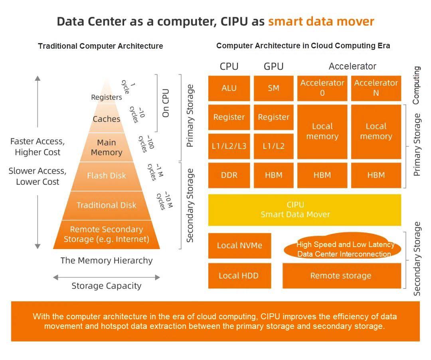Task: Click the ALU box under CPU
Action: [x=229, y=88]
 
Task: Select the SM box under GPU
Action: [x=273, y=88]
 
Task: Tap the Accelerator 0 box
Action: [x=322, y=88]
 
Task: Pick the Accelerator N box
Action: [x=376, y=88]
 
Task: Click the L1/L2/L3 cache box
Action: [x=229, y=146]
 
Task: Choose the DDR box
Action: [x=229, y=175]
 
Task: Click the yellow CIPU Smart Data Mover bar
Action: [x=304, y=210]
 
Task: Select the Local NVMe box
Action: [x=239, y=245]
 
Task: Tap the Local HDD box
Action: [x=239, y=275]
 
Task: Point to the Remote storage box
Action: [x=341, y=275]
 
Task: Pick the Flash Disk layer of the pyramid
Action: [x=107, y=176]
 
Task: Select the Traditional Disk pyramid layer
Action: [x=107, y=205]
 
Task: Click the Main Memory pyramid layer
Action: [x=107, y=147]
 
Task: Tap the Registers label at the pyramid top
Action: [x=107, y=97]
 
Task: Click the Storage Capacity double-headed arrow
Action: [x=107, y=277]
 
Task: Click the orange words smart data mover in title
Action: [x=321, y=21]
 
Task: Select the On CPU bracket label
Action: [x=166, y=103]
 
